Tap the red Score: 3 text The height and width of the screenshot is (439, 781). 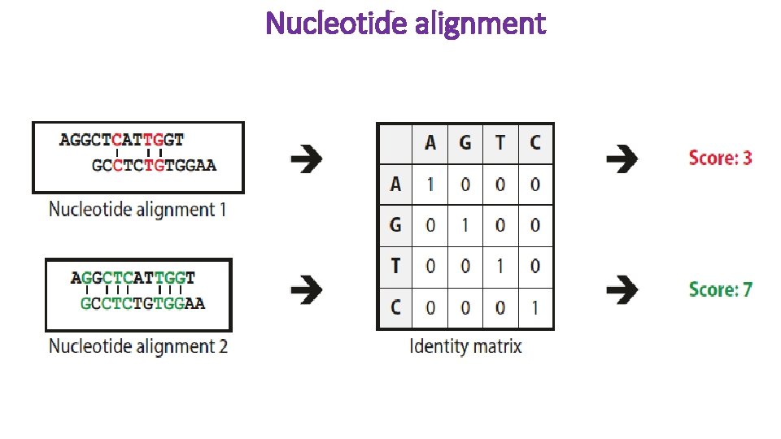tap(720, 158)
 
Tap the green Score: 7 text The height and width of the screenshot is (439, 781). tap(720, 289)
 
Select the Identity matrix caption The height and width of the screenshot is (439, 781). tap(465, 346)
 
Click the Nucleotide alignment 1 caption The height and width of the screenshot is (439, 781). tap(137, 209)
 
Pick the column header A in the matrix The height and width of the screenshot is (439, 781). tap(430, 143)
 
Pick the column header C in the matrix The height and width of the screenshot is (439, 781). tap(534, 143)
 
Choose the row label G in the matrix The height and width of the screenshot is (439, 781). tap(395, 225)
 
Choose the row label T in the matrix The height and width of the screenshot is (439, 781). tap(395, 266)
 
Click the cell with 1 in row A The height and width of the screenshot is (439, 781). tap(430, 185)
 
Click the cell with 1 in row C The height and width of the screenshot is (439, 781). tap(534, 307)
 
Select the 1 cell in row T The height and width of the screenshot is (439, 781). tap(500, 266)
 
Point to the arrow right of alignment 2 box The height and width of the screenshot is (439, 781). tap(306, 289)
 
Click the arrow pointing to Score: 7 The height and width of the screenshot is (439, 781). tap(622, 289)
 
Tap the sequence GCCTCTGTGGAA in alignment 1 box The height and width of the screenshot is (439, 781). tap(154, 166)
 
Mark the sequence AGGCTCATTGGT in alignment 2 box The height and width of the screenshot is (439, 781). tap(133, 278)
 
